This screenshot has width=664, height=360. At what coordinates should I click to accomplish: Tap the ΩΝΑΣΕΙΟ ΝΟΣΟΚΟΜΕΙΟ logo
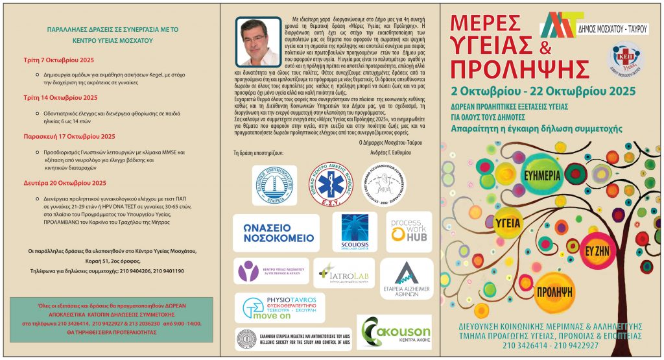point(276,233)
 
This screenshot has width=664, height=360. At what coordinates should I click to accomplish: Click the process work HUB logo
point(410,231)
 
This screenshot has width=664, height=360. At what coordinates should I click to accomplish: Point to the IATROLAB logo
point(344,274)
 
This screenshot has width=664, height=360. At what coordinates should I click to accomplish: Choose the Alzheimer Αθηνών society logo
point(406,278)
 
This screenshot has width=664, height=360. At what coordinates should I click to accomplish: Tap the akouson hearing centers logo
point(394,332)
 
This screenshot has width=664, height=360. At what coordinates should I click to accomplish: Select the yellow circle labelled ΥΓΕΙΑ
point(509,222)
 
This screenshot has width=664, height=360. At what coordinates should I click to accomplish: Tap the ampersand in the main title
point(545,46)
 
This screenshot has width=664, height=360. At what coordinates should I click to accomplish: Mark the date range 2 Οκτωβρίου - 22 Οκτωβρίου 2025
point(543,91)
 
